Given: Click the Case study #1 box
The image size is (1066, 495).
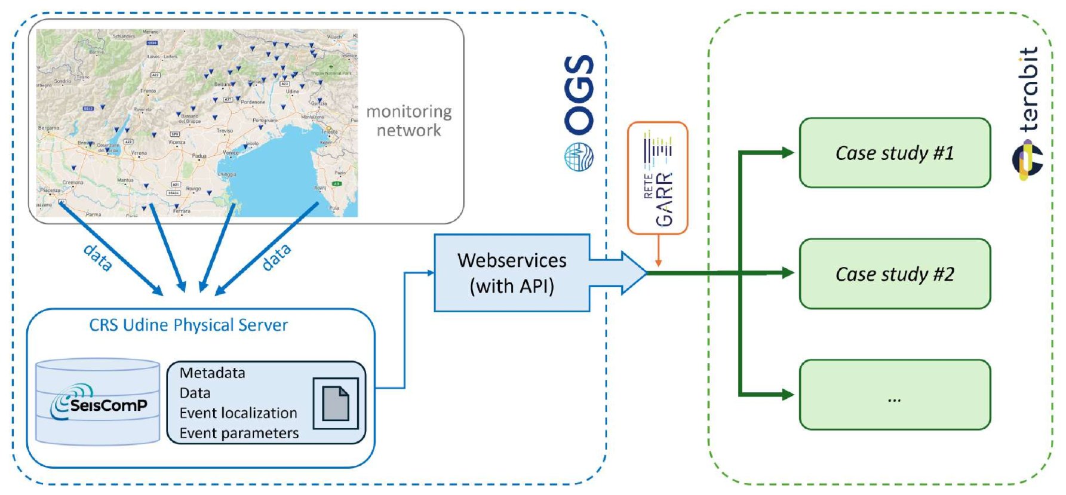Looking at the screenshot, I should tap(894, 153).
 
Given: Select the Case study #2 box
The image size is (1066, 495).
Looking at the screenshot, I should tap(894, 274).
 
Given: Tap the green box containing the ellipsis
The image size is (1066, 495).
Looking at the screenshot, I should tap(894, 395).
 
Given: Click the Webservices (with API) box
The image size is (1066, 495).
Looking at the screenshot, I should tap(512, 273).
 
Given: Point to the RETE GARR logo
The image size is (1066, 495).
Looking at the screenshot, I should tap(658, 177).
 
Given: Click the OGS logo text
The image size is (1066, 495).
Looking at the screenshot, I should tap(579, 94).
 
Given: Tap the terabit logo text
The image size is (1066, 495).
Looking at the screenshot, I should tap(1028, 90).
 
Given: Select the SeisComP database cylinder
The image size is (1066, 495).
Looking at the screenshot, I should tap(97, 402).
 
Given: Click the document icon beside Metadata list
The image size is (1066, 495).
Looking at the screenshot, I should tap(336, 403).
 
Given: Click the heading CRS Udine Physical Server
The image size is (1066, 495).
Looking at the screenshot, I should tap(188, 325).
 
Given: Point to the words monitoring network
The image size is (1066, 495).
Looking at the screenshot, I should tap(409, 121).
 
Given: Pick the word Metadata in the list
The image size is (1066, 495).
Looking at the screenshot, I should tap(212, 373).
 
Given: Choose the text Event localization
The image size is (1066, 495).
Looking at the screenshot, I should tap(238, 413).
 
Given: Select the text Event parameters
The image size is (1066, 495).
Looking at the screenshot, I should tap(239, 433).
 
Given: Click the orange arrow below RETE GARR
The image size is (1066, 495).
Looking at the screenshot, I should tap(658, 251).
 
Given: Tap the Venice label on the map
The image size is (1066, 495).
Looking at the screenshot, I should tap(231, 153).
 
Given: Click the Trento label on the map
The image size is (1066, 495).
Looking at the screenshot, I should tap(148, 91).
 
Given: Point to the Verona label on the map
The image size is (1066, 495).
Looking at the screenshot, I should tap(139, 153).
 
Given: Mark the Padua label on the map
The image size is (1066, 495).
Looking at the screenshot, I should tap(199, 156).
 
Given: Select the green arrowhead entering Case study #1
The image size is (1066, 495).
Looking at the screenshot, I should tap(788, 153).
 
